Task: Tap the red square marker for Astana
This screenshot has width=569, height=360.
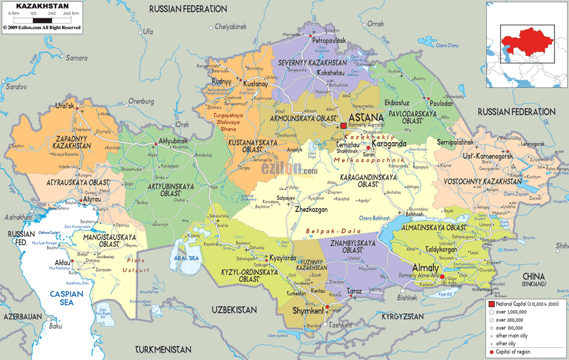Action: point(343,125)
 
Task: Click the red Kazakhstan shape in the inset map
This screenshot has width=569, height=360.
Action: point(524,39)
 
